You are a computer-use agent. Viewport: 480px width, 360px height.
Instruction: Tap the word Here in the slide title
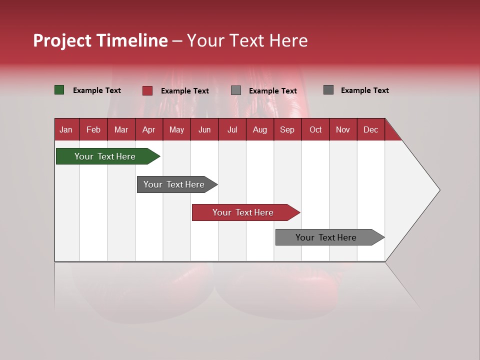[288, 40]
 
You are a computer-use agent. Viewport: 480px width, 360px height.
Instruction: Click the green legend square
[59, 90]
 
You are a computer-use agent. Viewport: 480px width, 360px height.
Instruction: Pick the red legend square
[147, 90]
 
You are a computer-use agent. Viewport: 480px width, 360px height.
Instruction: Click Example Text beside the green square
[97, 90]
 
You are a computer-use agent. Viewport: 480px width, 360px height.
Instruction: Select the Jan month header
[66, 129]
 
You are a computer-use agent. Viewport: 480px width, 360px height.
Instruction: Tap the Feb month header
[93, 129]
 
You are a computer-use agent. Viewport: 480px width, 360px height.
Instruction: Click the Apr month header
[148, 129]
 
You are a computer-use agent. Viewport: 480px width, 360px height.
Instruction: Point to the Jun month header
[204, 129]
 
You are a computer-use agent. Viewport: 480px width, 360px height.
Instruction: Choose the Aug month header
[259, 129]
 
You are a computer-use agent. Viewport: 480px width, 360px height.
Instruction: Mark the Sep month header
[287, 129]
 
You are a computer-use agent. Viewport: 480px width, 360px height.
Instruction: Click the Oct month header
[315, 129]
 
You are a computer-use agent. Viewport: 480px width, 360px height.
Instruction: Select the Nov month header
[343, 129]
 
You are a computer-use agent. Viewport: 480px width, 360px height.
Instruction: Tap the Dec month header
[370, 129]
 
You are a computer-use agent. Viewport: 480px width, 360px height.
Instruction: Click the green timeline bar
[105, 156]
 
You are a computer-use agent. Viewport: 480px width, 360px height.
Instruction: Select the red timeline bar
[243, 212]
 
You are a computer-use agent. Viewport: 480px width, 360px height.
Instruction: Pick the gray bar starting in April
[174, 184]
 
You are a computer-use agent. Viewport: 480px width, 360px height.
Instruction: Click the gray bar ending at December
[326, 237]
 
